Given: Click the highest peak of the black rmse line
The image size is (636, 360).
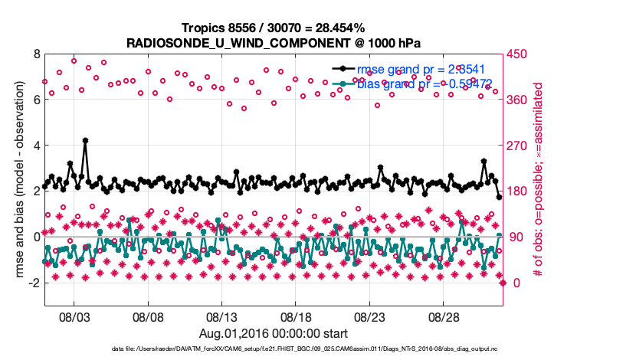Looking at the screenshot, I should coord(85,140).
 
